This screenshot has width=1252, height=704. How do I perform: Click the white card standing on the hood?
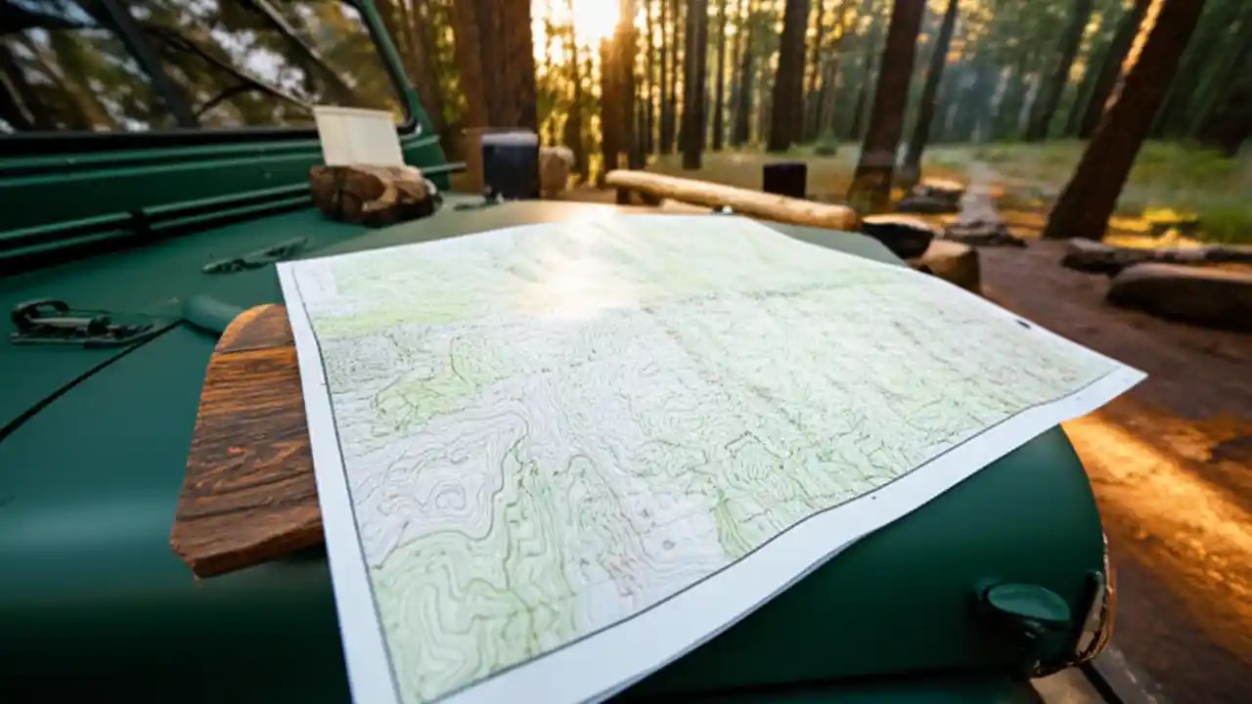coord(357,136)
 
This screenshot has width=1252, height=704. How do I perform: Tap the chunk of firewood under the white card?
coord(373,193)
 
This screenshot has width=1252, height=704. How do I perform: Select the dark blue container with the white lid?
coord(510,164)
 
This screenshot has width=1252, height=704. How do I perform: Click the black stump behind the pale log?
coord(783,180)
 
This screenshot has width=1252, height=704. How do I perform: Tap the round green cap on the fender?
coord(1026,607)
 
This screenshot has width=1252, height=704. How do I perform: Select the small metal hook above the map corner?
coord(254,256)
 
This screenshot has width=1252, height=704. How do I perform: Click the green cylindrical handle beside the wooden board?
coord(211,313)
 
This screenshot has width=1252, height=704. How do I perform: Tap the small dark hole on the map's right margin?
coord(1023,324)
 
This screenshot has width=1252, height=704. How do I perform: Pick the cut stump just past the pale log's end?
coord(898,236)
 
